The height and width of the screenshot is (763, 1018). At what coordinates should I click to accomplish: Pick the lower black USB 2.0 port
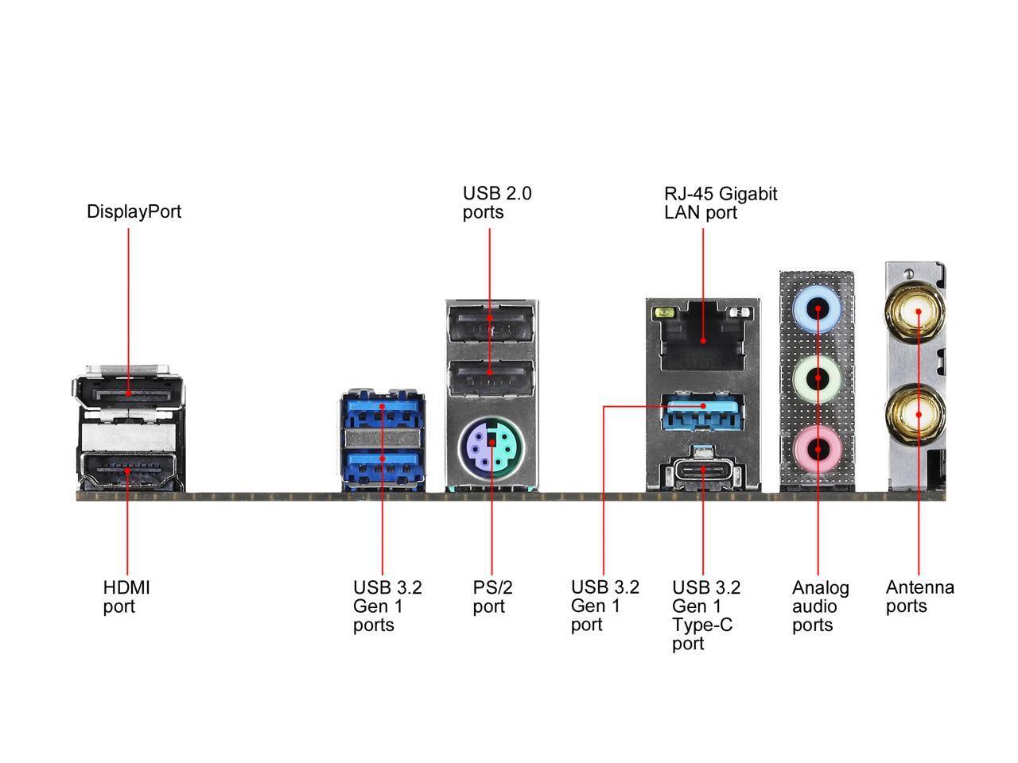click(x=491, y=378)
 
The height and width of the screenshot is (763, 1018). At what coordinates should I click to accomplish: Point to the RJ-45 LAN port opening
click(x=703, y=338)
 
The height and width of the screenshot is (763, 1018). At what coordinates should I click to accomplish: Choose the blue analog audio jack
click(x=818, y=311)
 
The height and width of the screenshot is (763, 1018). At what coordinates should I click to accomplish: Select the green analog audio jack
click(x=818, y=380)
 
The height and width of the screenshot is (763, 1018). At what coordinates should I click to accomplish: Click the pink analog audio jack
click(x=818, y=449)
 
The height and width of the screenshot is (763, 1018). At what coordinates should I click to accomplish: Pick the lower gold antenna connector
click(x=918, y=414)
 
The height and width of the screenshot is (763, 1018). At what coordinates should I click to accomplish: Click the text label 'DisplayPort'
click(x=134, y=211)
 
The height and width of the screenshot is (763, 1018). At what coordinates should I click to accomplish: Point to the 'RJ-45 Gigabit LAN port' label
click(x=721, y=203)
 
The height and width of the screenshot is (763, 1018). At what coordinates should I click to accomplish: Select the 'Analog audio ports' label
click(x=820, y=606)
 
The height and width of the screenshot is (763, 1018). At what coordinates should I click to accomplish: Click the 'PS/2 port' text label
click(x=492, y=597)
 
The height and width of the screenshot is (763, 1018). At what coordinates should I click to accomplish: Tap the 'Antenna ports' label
click(x=919, y=596)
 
